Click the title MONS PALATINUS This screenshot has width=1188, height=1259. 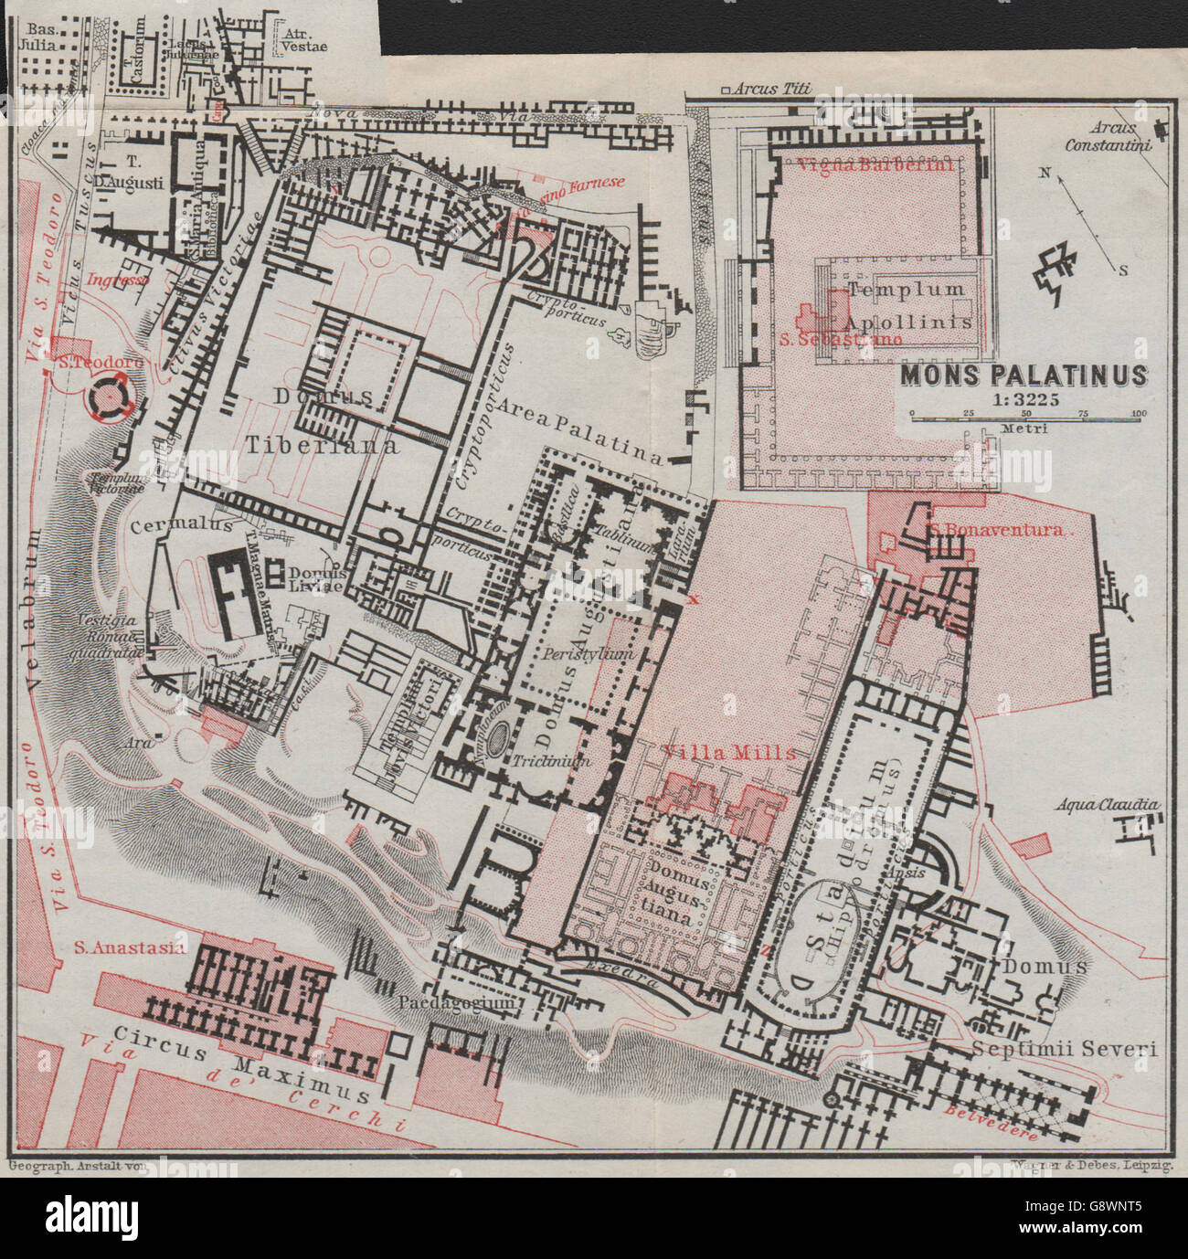pos(1024,376)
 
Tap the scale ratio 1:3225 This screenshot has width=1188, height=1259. pos(1024,399)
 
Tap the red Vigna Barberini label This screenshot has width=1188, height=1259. pos(875,165)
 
